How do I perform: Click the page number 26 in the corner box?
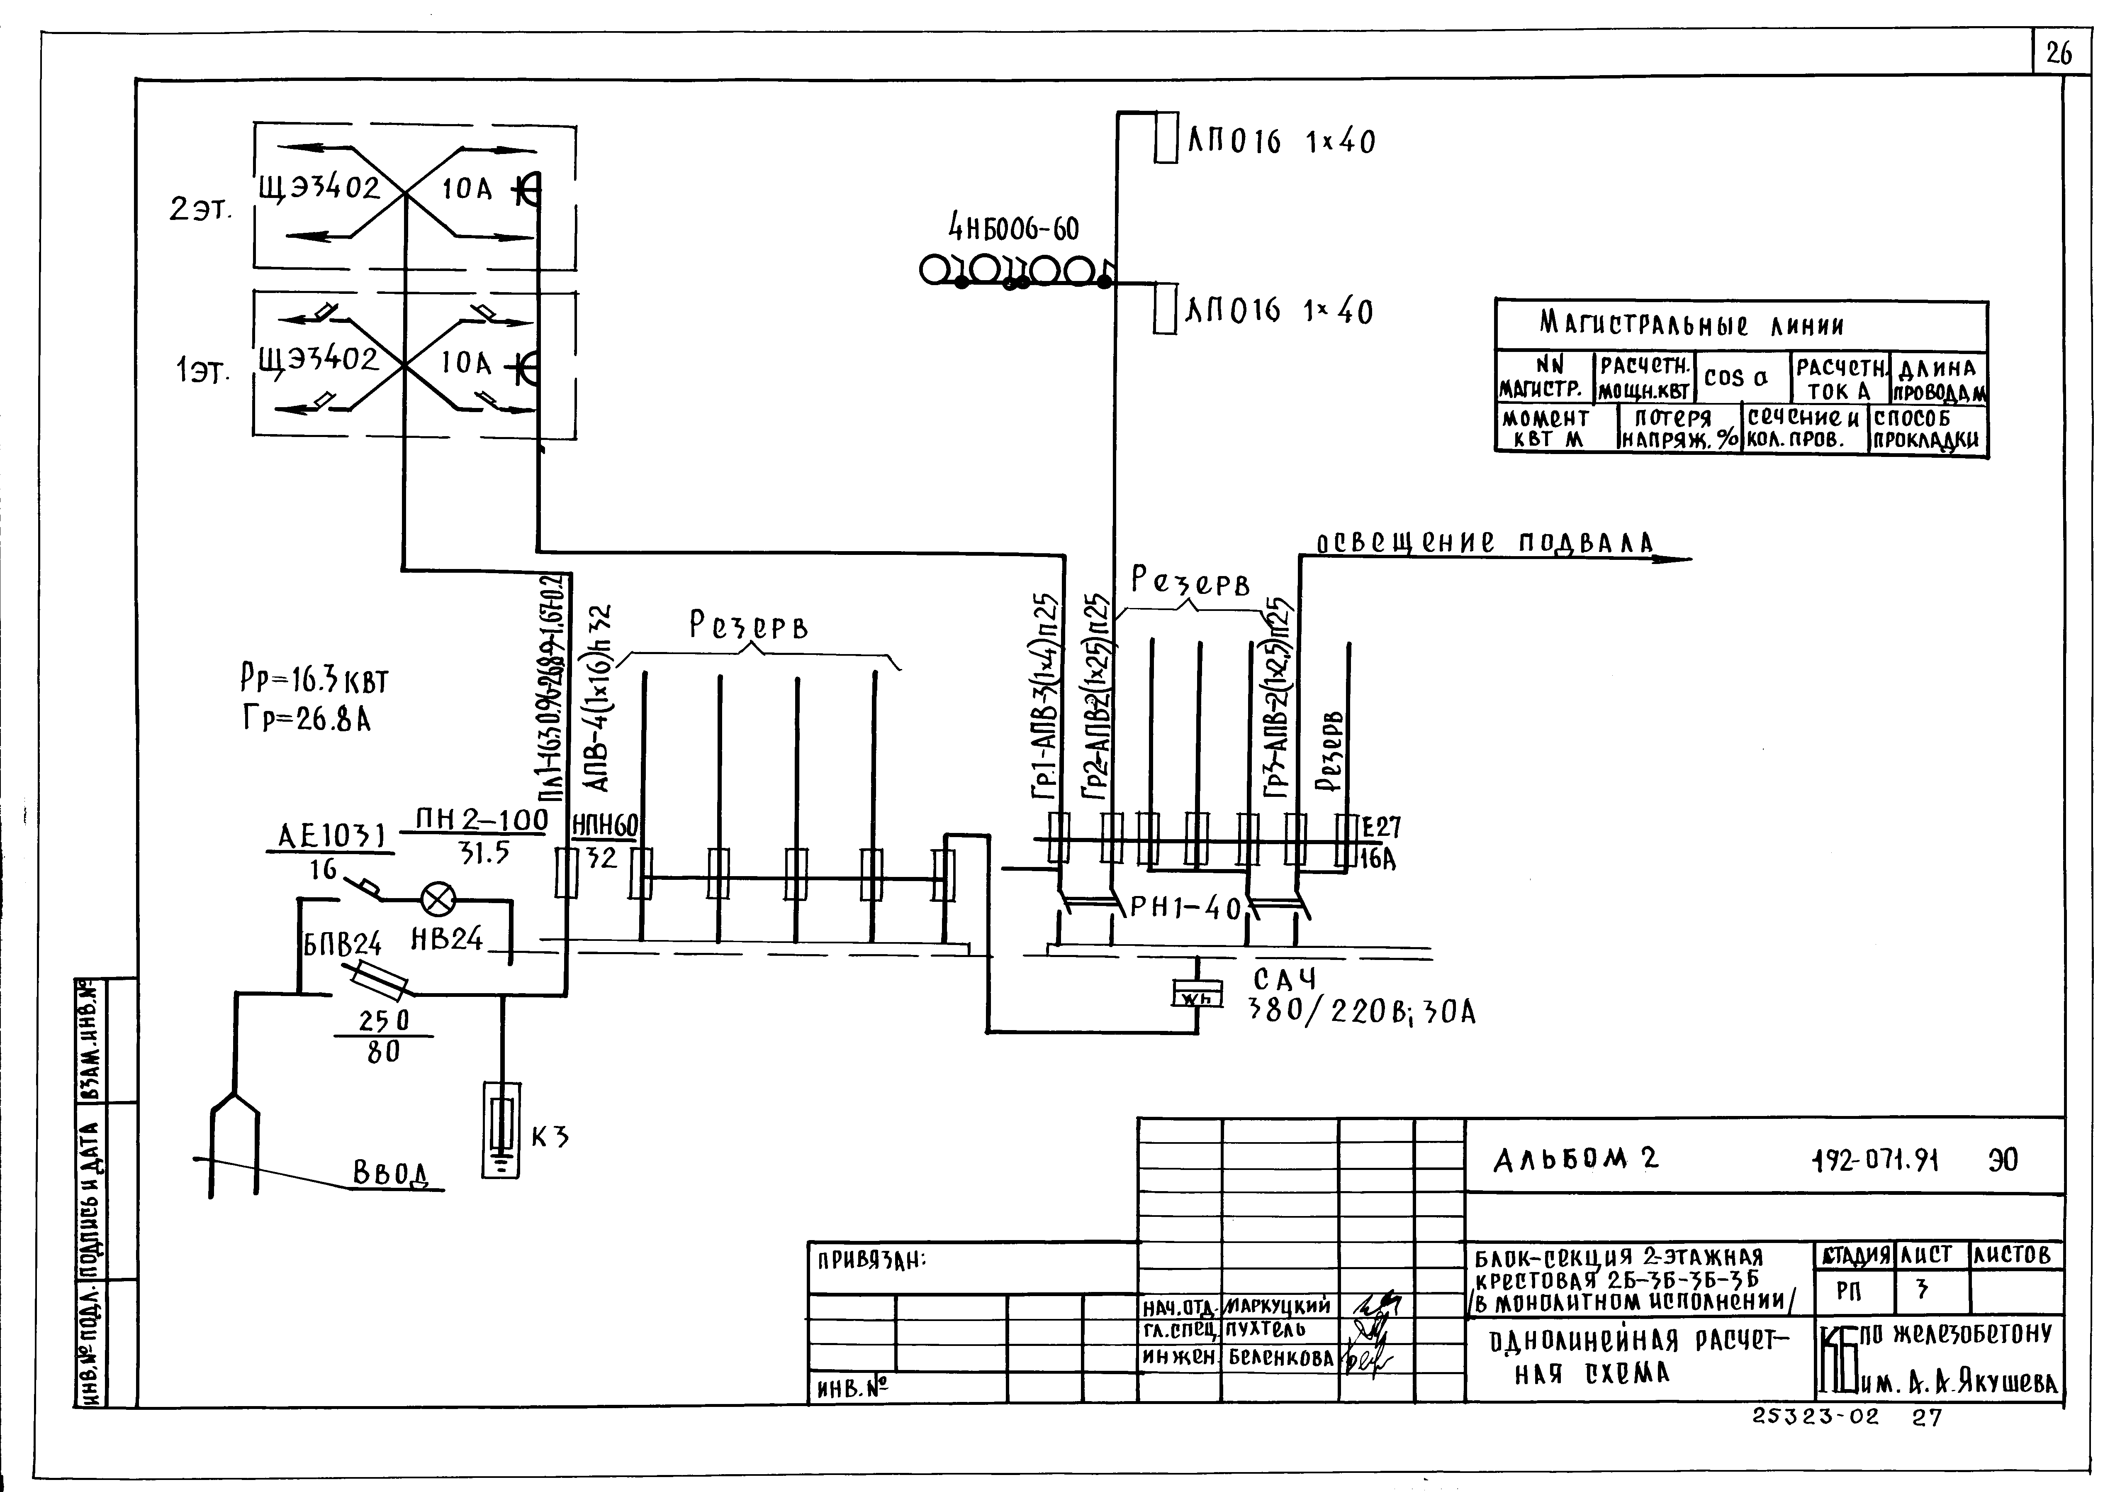click(2059, 54)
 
